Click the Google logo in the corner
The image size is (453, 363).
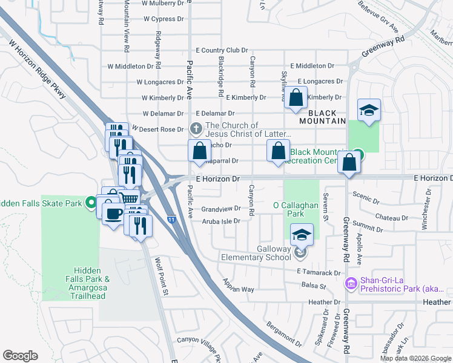tap(21, 355)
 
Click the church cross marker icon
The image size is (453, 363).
tap(196, 128)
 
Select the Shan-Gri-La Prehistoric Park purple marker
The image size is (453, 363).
tap(350, 283)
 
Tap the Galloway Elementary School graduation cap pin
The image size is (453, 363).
tap(301, 234)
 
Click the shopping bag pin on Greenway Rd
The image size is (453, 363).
tap(349, 162)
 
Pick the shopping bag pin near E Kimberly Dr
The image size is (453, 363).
tap(295, 98)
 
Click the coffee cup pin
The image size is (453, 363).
tap(113, 213)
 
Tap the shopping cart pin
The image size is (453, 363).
tap(128, 198)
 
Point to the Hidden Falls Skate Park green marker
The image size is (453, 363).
tap(91, 203)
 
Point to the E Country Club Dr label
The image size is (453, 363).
tap(222, 50)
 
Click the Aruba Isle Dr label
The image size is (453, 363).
tap(221, 221)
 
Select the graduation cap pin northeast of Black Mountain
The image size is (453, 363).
tap(368, 110)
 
